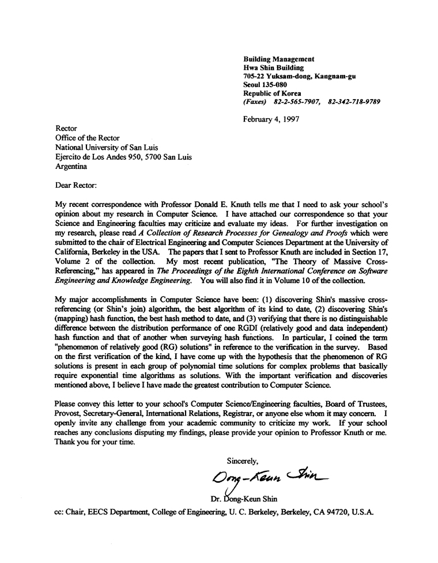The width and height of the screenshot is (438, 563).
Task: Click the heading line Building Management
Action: point(278,59)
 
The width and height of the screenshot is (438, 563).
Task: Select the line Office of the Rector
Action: point(89,138)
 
